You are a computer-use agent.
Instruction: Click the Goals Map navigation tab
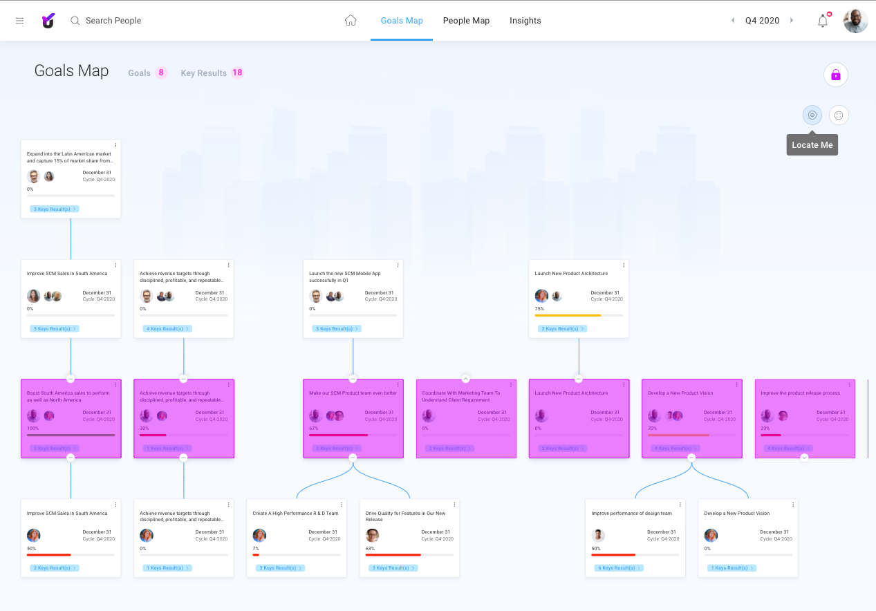[x=402, y=21]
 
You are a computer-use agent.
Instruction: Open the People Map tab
[x=466, y=21]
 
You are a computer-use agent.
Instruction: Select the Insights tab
[x=525, y=21]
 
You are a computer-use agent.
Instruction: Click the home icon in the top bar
[x=351, y=21]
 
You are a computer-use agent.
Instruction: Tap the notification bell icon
[x=823, y=21]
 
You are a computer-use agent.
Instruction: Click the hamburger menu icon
[x=20, y=21]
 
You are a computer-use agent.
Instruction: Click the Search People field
[x=113, y=21]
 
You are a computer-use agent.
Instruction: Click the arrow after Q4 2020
[x=792, y=21]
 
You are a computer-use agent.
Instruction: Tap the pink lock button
[x=835, y=75]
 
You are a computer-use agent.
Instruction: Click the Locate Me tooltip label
[x=812, y=145]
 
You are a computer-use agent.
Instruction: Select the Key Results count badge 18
[x=237, y=73]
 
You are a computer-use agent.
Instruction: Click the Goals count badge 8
[x=161, y=73]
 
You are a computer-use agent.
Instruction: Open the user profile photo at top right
[x=855, y=21]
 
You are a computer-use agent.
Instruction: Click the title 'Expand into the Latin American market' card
[x=69, y=157]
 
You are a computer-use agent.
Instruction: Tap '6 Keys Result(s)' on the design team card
[x=619, y=568]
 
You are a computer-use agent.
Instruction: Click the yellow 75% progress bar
[x=568, y=315]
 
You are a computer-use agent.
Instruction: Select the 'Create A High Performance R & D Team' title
[x=295, y=514]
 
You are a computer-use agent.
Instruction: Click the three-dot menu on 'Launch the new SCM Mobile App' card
[x=398, y=265]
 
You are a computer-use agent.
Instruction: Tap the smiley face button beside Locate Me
[x=839, y=115]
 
